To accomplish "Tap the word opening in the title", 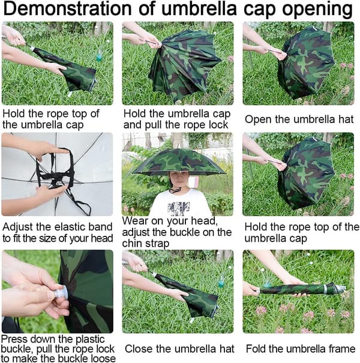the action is (317, 10).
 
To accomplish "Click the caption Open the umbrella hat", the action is (299, 119).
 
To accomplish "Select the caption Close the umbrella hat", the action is (179, 349).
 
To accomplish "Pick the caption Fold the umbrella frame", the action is (301, 349).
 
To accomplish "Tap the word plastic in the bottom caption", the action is (90, 340).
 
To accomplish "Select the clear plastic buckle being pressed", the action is (61, 293).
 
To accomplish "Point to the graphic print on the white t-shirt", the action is (179, 208).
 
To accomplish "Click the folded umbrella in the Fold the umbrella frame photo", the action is (301, 289).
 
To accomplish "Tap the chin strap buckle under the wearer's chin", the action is (175, 191).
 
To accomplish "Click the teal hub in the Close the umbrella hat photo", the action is (221, 283).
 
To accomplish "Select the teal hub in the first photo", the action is (99, 57).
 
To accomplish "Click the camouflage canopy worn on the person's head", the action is (179, 162).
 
